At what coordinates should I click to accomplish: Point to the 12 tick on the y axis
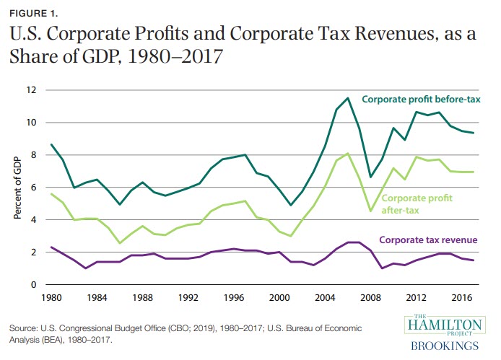[31, 90]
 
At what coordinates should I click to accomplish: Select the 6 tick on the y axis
[33, 188]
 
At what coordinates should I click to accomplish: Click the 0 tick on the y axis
[33, 285]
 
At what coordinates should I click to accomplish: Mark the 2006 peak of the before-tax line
[348, 98]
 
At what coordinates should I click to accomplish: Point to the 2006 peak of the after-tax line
[348, 154]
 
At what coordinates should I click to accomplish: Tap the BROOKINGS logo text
[445, 346]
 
